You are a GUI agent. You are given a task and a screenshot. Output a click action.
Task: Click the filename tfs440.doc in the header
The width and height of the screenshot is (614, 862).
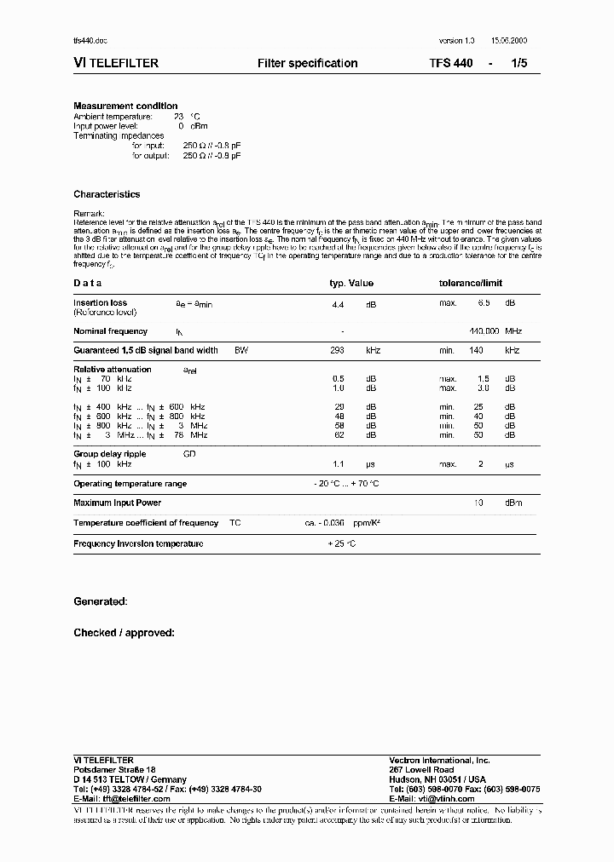point(90,42)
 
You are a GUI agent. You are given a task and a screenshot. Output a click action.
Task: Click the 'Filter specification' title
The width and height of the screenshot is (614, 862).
point(307,64)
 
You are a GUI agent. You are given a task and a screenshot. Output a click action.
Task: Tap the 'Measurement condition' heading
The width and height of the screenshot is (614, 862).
point(125,106)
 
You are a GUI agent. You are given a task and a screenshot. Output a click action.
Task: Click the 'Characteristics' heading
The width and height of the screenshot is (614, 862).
point(107,194)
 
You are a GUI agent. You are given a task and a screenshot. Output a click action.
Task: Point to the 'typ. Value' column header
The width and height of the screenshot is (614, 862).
point(351,284)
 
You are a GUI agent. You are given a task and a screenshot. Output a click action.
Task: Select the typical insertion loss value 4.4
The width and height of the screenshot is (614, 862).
point(337,303)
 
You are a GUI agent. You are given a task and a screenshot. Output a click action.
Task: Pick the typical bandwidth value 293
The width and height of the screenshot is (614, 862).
point(337,350)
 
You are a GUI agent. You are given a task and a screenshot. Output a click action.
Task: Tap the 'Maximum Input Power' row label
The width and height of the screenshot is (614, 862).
point(118,503)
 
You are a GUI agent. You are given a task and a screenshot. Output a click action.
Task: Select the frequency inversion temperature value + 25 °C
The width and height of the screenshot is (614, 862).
point(341,543)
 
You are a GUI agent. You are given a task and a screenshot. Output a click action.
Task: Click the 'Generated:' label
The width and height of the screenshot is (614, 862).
point(101,601)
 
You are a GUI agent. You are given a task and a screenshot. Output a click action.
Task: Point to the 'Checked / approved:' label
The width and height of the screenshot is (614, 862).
point(124,633)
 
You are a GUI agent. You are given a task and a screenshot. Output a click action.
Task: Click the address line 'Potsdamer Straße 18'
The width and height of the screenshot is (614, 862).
point(114,770)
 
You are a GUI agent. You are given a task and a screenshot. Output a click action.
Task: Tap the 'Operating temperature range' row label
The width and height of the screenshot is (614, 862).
point(130,484)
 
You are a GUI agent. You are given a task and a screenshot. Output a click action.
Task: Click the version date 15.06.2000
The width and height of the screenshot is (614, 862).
point(509,42)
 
